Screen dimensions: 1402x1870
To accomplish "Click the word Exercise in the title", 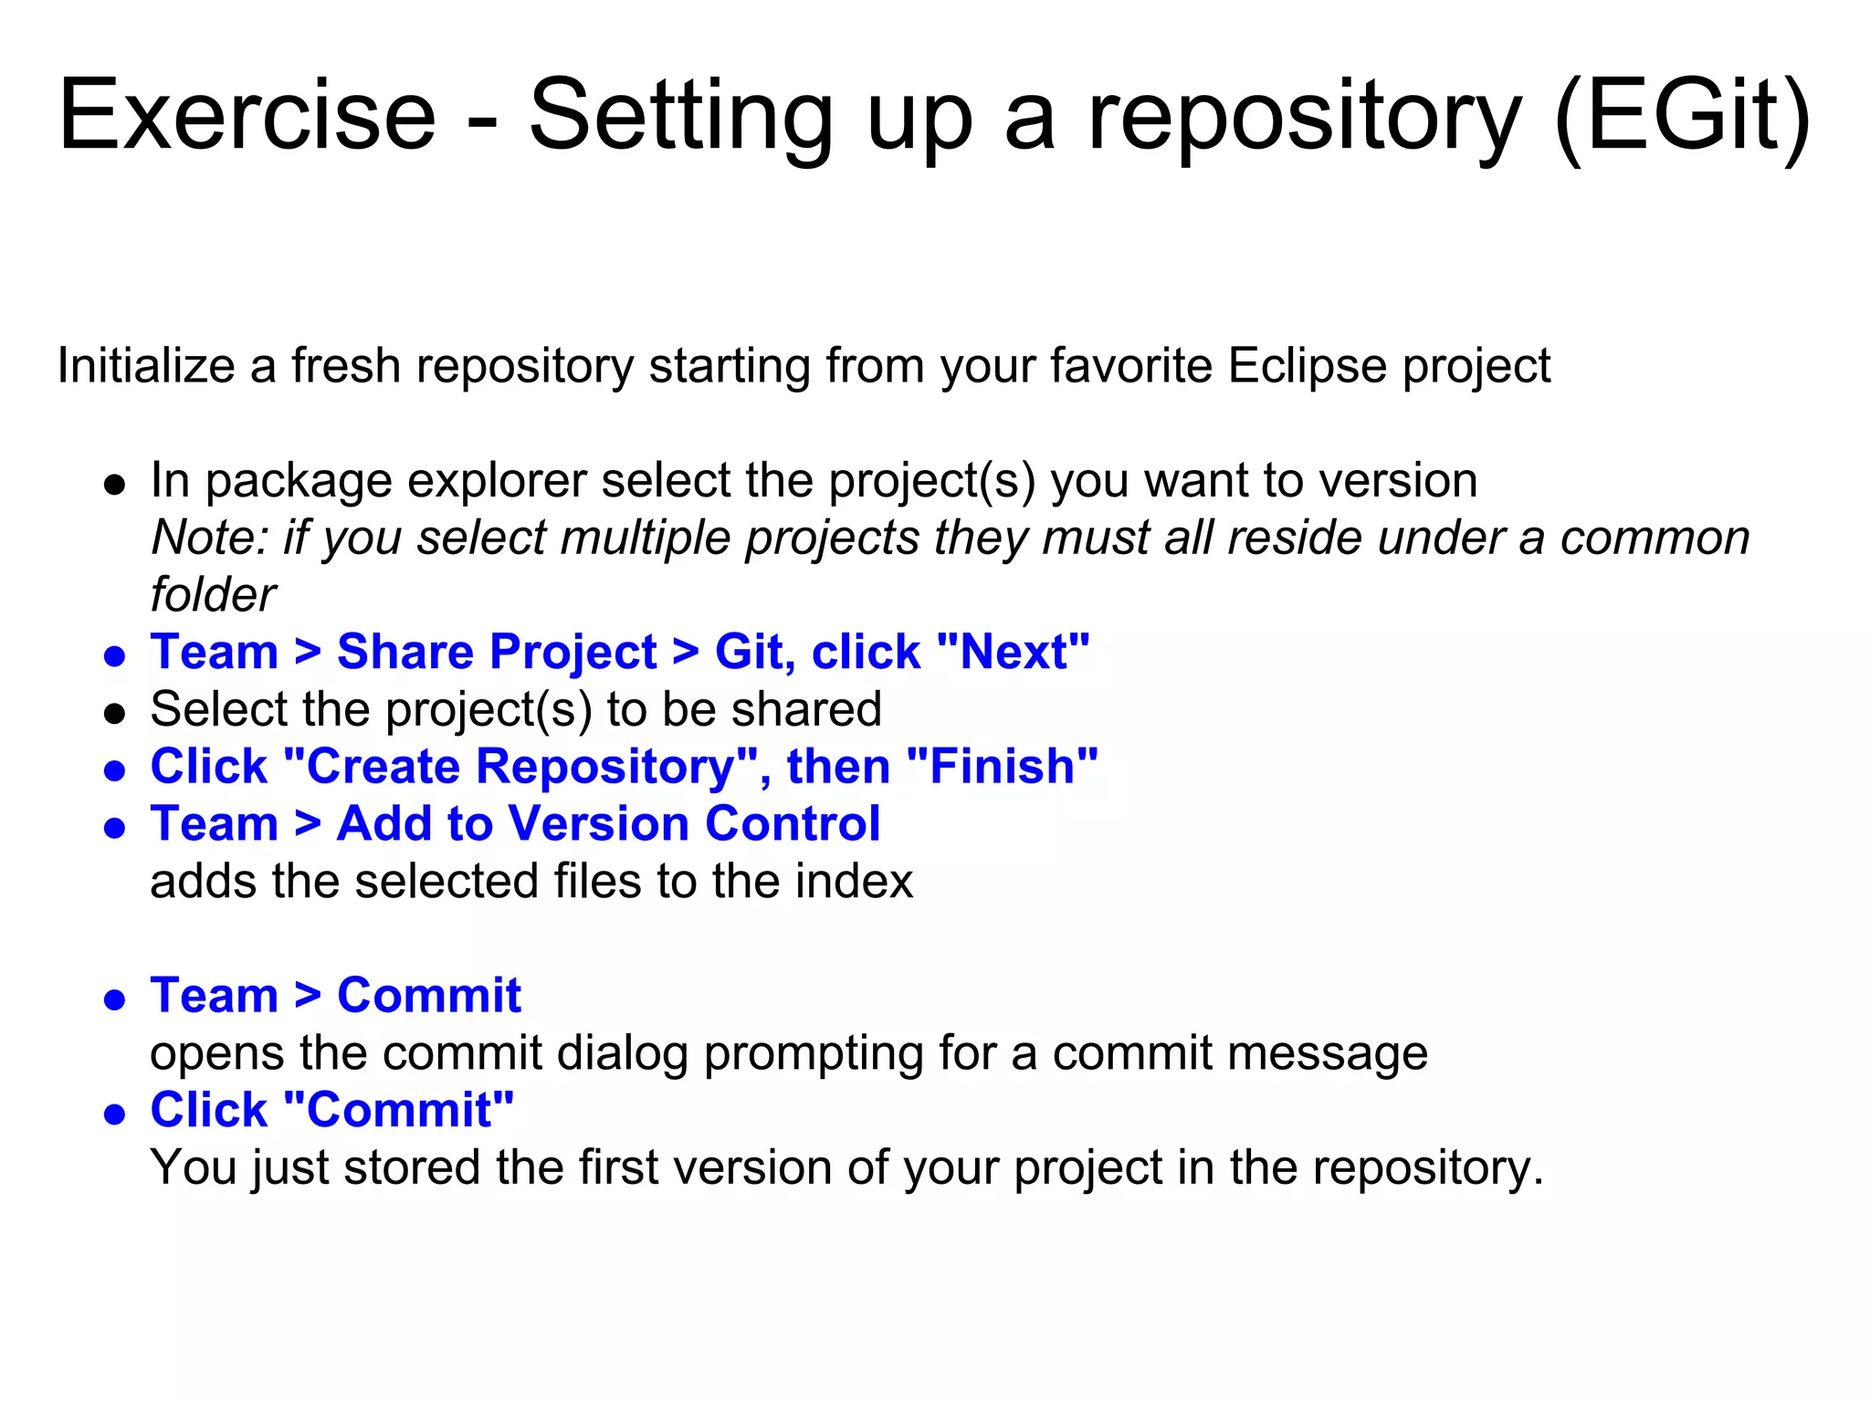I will tap(247, 116).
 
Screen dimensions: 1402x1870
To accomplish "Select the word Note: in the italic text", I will tap(209, 538).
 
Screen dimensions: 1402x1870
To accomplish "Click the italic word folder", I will tap(213, 595).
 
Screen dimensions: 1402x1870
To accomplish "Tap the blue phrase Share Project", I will tap(497, 652).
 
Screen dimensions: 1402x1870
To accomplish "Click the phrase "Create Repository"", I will tap(520, 767).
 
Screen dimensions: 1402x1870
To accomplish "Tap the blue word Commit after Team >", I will tap(429, 996).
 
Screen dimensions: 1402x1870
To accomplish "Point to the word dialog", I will tap(622, 1053).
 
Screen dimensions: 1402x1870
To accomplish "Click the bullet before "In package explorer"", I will tap(114, 484).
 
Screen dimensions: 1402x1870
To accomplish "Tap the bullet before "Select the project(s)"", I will tap(114, 713).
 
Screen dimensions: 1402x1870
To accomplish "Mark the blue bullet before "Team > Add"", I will tap(114, 828).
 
